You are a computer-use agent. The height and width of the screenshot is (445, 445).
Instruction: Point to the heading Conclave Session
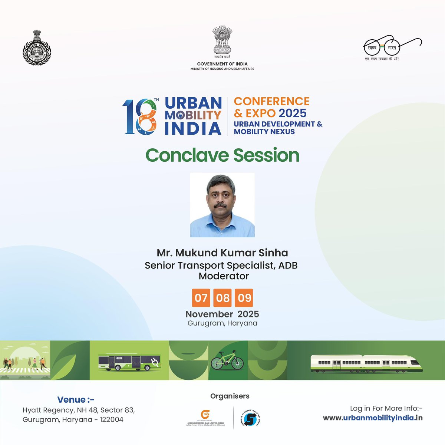click(222, 155)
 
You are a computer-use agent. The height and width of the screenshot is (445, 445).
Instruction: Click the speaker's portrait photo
click(222, 205)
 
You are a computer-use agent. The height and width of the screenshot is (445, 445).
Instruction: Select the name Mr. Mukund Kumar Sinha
click(222, 253)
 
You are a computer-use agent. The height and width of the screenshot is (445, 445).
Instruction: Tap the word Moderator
click(224, 276)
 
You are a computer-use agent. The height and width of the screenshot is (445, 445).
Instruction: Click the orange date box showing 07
click(201, 298)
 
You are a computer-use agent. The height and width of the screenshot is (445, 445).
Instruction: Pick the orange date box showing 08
click(222, 298)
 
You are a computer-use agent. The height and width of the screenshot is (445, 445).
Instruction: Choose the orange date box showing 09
click(244, 298)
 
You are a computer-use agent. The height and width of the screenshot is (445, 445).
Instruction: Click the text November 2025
click(222, 314)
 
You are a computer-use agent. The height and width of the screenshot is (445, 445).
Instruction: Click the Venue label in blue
click(76, 400)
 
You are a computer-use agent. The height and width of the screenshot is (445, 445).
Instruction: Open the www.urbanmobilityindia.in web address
click(373, 418)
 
